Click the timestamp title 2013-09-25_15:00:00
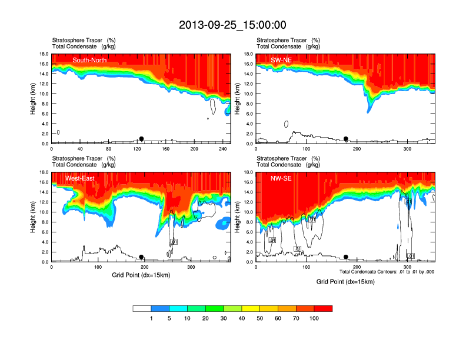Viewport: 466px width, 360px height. pos(232,25)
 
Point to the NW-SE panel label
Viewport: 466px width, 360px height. pos(282,178)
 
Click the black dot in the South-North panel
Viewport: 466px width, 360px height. pos(141,139)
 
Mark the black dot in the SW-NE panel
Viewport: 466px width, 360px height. pos(346,139)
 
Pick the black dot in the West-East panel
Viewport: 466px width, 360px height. pos(141,257)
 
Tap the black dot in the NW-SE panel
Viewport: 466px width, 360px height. pos(346,257)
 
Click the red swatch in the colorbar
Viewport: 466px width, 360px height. pos(323,308)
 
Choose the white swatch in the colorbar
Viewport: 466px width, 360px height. pos(142,308)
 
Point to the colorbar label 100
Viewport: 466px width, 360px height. pos(314,318)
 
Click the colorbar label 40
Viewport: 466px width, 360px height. pos(242,318)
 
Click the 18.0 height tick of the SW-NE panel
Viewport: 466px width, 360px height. pos(248,54)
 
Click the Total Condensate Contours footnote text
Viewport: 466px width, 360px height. pos(387,271)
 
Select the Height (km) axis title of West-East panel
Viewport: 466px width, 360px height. pos(34,217)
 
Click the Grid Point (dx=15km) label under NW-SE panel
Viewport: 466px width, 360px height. pos(345,282)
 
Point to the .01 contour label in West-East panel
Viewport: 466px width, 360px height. pos(174,242)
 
